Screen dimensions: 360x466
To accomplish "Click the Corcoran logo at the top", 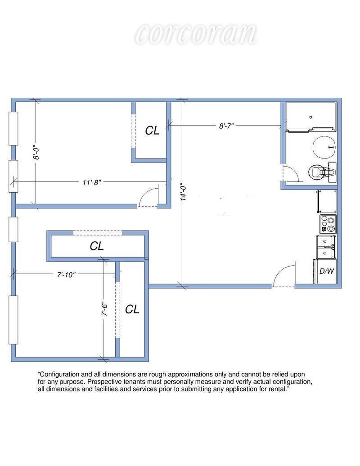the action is coord(196,34).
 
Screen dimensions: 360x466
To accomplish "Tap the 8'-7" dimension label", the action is coord(226,126).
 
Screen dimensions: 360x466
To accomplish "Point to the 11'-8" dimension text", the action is coord(92,182).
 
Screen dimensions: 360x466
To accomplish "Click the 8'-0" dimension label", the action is coord(37,152).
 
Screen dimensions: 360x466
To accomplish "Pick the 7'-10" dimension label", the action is coord(66,275).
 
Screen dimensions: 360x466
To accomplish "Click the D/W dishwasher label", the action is coord(326,271).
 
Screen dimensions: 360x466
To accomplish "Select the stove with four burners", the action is coord(328,224).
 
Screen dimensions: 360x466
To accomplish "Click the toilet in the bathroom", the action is coord(322,172).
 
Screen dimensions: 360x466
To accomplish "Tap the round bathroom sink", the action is coord(324,147).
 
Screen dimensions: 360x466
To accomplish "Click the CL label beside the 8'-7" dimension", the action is coord(152,131).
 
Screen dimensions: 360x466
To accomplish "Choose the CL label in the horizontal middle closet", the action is coord(97,246).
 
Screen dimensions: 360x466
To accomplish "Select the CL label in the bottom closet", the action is coord(132,309).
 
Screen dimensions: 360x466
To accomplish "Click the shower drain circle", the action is coord(310,118).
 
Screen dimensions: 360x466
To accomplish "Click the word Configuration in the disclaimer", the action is coord(58,375).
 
